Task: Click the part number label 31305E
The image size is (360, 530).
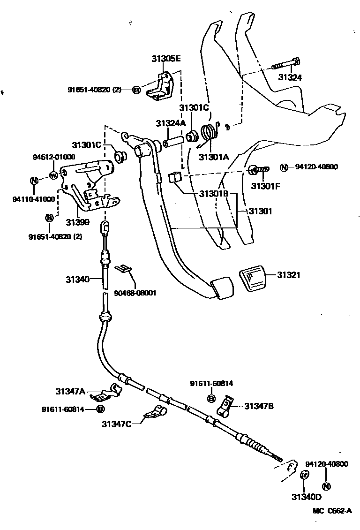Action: (x=166, y=59)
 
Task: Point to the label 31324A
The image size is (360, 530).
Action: (x=171, y=123)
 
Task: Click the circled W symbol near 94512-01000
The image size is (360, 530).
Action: (x=53, y=176)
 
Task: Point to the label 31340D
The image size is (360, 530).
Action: (x=306, y=497)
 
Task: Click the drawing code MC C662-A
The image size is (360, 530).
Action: (x=332, y=511)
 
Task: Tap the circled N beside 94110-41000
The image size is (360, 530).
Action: (x=34, y=181)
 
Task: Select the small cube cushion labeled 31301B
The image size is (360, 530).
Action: (x=174, y=177)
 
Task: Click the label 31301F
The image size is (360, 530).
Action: (x=265, y=186)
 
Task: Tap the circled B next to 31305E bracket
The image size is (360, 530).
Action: (x=136, y=90)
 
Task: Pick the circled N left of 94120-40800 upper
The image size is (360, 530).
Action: (x=284, y=167)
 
